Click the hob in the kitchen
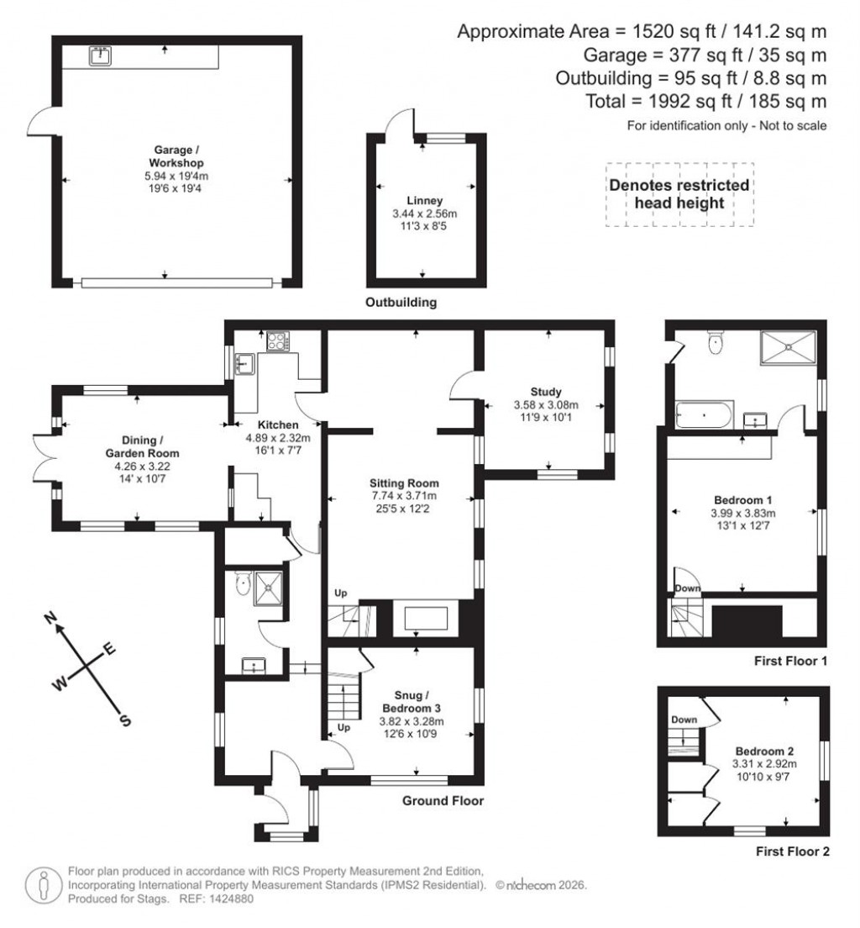click(276, 341)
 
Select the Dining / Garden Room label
click(139, 446)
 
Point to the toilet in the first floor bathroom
click(716, 343)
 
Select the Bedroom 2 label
click(761, 751)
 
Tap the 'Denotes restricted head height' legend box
click(679, 194)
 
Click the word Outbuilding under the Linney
click(401, 303)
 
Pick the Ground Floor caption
click(443, 801)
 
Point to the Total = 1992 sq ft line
click(705, 102)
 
